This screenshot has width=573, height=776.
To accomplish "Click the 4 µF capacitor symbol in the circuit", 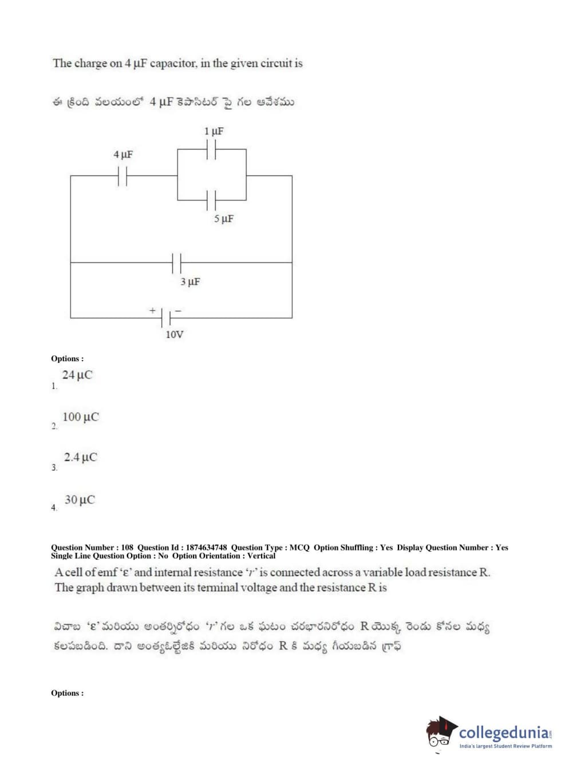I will coord(122,176).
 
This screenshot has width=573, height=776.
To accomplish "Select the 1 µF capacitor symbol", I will coord(211,149).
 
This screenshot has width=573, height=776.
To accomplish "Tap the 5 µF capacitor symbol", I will coord(211,200).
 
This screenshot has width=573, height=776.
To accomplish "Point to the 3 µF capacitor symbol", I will coord(176,263).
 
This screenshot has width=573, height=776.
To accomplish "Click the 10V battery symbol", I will coord(167,318).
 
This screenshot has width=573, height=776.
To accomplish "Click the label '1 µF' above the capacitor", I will coord(214,132).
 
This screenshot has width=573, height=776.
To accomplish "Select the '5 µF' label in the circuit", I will coord(224,219).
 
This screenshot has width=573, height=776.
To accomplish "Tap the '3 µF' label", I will coord(190,282).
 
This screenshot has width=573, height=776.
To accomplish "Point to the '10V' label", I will coord(174,334).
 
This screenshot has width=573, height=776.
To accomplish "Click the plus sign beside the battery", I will coord(152,310).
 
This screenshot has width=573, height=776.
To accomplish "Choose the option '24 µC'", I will coord(77,375).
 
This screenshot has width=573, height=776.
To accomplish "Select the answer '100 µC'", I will coord(80,417).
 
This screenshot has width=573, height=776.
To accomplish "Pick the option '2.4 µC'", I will coord(80,457).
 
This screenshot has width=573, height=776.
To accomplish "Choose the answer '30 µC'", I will coord(80,500).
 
